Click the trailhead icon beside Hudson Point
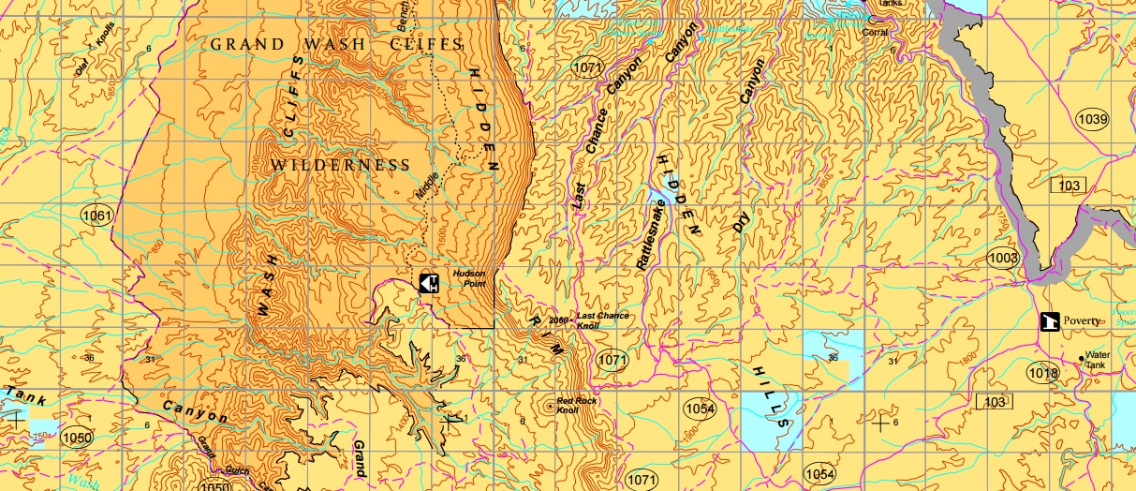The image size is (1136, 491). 428,282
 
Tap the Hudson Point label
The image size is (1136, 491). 469,278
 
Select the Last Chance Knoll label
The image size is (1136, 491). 601,320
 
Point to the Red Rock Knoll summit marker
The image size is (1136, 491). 549,406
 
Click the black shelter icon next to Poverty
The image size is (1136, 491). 1049,321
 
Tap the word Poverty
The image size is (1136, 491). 1082,320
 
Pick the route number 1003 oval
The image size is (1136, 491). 1002,258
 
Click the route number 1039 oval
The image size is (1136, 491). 1093,119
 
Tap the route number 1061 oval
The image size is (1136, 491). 97,216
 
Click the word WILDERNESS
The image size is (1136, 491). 340,165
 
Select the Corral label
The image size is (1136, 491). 875,31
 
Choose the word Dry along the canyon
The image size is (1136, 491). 743,220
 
